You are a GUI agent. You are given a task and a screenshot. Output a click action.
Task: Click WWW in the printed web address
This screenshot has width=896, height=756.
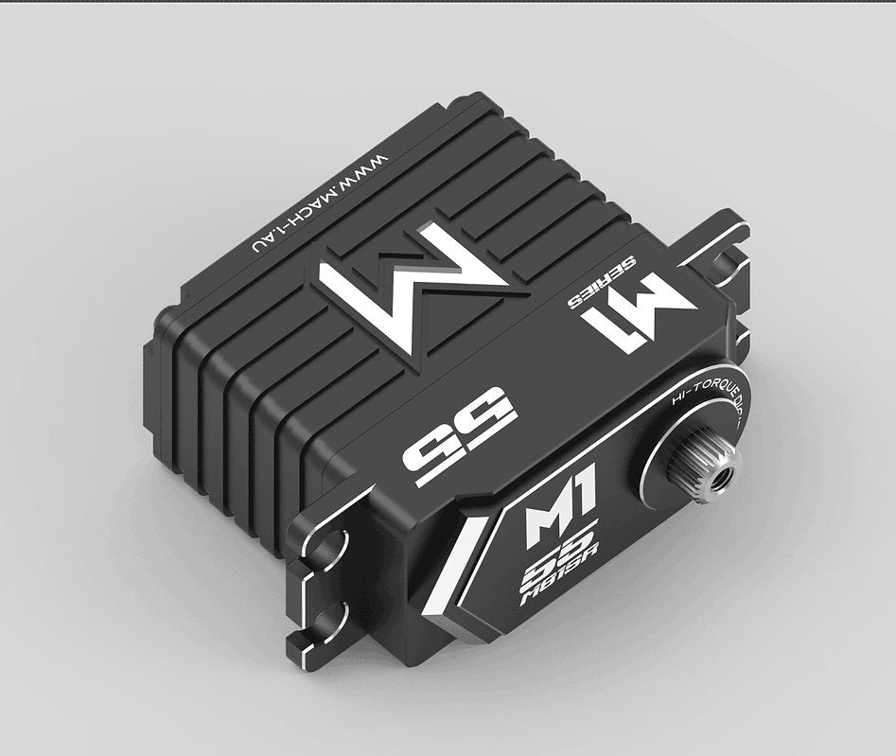tap(363, 171)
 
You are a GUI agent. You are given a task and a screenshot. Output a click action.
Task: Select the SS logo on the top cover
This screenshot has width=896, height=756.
tap(461, 441)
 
